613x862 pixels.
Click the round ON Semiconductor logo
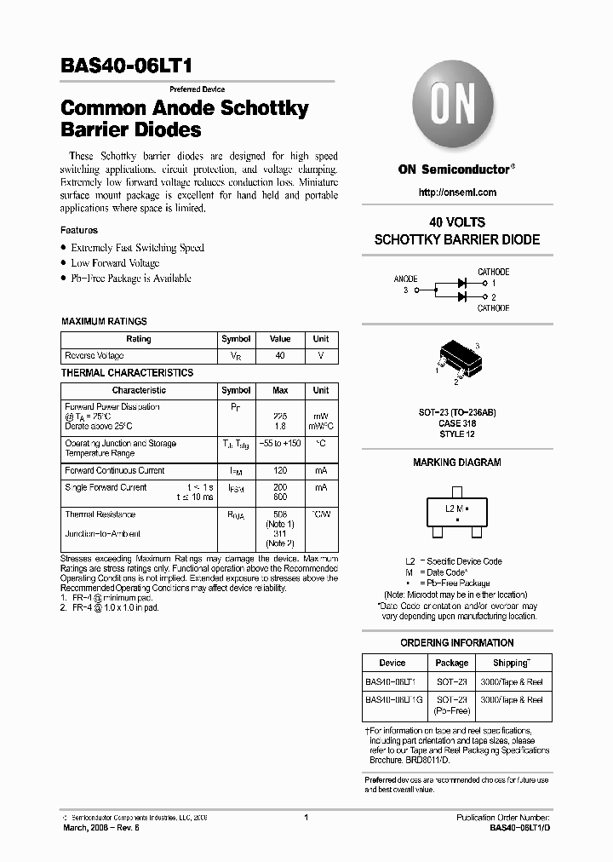coord(457,108)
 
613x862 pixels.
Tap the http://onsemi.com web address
coord(457,193)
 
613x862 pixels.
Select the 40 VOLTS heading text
coord(457,222)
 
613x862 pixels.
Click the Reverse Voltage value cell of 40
coord(279,355)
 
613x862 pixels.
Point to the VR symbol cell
coord(236,355)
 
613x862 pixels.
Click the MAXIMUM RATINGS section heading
coord(104,321)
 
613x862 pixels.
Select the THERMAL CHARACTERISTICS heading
coord(127,373)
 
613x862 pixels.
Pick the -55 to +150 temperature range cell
coord(279,444)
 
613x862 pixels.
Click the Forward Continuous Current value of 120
coord(279,470)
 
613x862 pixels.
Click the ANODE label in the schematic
coord(405,279)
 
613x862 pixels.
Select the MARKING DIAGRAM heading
coord(457,463)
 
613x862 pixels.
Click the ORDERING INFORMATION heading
coord(457,643)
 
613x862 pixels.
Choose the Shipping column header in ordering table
coord(511,663)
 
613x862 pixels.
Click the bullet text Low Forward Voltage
coord(115,263)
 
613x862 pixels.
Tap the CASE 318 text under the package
coord(457,423)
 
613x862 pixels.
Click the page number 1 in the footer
coord(306,818)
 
